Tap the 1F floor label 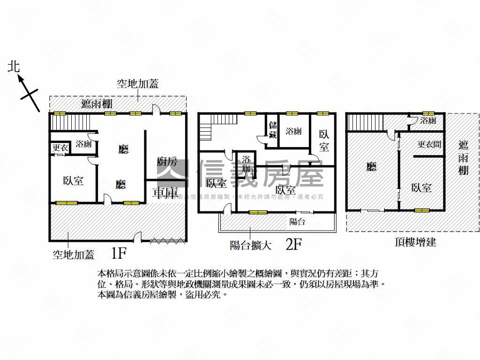[x=119, y=254]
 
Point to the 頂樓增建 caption [x=415, y=242]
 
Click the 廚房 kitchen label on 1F [x=167, y=162]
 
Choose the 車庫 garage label [x=165, y=192]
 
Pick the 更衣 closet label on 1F [x=60, y=147]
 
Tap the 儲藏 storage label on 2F [x=273, y=129]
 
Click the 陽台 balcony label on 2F [x=297, y=222]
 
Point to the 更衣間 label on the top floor [x=429, y=144]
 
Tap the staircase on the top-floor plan [x=364, y=123]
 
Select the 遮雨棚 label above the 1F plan [x=97, y=104]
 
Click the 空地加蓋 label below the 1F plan [x=73, y=255]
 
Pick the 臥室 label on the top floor [x=421, y=187]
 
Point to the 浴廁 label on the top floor [x=428, y=120]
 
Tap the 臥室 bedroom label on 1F [x=73, y=180]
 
